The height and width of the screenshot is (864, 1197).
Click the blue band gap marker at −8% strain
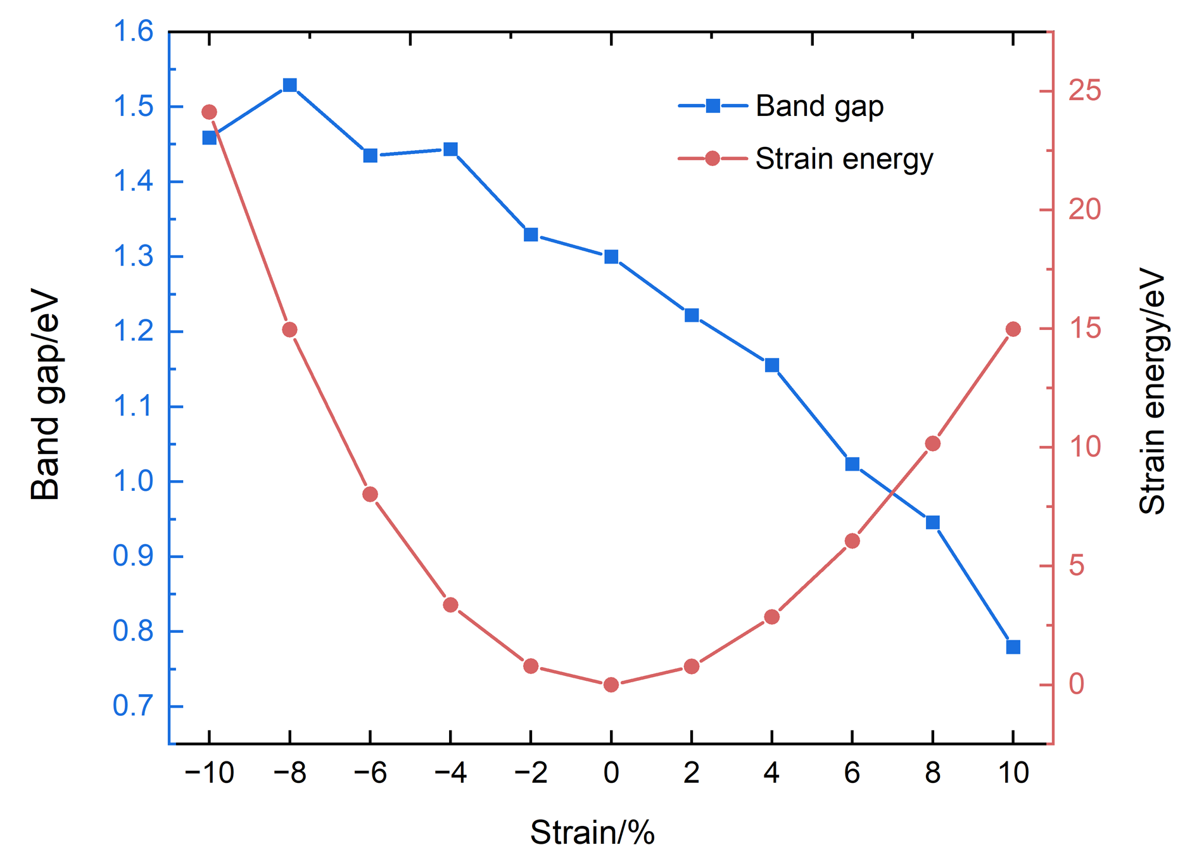click(290, 86)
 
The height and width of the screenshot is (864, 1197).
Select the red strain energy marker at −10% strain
click(209, 112)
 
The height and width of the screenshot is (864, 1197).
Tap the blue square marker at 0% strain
click(611, 257)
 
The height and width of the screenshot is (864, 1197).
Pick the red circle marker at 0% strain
click(611, 685)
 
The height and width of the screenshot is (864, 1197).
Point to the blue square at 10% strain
click(1013, 647)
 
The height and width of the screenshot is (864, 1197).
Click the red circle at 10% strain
click(1013, 329)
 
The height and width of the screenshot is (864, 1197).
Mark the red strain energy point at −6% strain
click(370, 494)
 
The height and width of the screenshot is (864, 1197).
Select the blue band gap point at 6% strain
click(852, 464)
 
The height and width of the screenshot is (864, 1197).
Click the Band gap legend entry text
click(820, 106)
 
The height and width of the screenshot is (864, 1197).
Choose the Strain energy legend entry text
click(844, 159)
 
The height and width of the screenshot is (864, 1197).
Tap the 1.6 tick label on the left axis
click(133, 31)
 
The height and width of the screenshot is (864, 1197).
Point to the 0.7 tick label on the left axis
click(133, 706)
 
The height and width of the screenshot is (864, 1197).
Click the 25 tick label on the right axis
click(1085, 91)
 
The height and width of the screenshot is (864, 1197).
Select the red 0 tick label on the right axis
click(1077, 684)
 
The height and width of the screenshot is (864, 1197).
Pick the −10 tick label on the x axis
click(209, 773)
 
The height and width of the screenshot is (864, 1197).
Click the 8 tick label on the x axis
click(932, 773)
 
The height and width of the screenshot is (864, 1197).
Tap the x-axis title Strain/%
click(592, 832)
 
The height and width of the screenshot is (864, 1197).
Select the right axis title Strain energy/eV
click(1152, 391)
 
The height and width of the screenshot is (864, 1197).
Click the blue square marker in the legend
click(713, 106)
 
